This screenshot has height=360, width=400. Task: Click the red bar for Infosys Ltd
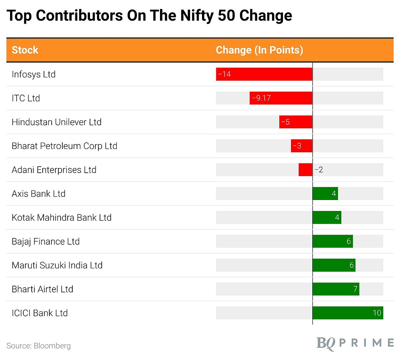click(x=264, y=74)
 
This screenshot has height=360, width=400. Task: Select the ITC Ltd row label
click(x=26, y=98)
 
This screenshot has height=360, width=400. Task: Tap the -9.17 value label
click(x=261, y=98)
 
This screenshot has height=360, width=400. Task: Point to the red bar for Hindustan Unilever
click(x=296, y=122)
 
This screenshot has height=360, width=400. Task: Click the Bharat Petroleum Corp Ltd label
click(x=64, y=146)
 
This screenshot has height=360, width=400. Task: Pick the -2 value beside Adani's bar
click(x=319, y=170)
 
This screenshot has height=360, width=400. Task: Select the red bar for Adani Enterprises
click(x=305, y=170)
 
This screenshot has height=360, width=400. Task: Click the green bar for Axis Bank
click(x=325, y=194)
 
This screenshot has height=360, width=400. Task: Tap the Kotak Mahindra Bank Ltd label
click(x=61, y=218)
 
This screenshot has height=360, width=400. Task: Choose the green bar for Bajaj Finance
click(x=332, y=241)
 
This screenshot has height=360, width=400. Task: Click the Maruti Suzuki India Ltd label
click(x=57, y=265)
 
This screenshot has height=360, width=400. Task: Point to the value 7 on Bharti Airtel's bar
click(x=355, y=289)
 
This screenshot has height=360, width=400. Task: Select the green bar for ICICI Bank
click(x=348, y=313)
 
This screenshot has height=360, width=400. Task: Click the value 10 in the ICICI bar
click(x=377, y=313)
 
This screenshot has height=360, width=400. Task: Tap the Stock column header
click(x=25, y=50)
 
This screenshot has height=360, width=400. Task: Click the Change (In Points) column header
click(x=259, y=50)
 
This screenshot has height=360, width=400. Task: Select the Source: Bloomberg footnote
click(x=39, y=346)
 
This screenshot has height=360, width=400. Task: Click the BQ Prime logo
click(x=355, y=343)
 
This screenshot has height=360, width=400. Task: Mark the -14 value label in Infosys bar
click(x=224, y=74)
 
